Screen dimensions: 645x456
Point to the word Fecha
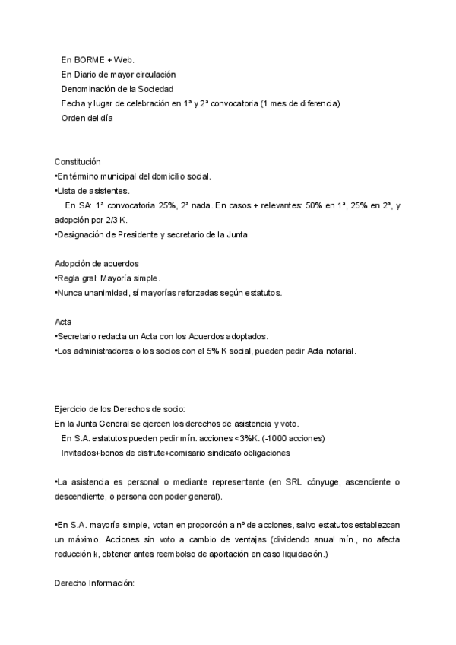pos(74,103)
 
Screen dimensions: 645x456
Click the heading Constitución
pos(78,162)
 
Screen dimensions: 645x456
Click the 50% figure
pos(309,205)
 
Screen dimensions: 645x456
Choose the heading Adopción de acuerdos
pos(97,264)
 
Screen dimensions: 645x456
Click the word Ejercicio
pos(72,409)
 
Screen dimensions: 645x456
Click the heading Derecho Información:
pos(94,584)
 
